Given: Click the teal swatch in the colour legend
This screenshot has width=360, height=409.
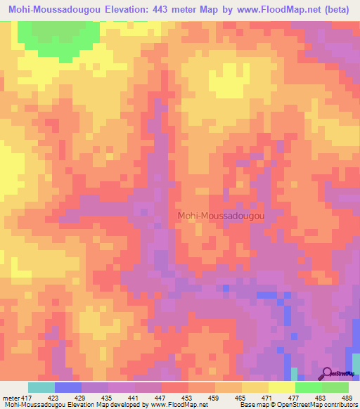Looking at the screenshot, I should coord(41,387).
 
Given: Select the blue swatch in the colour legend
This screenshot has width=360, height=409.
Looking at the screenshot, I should coord(68,387).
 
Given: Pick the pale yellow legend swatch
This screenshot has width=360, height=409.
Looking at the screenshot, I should coord(282,387).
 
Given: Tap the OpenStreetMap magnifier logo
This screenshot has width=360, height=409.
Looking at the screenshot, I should coord(328,373).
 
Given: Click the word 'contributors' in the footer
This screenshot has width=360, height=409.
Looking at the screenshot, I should coord(340,405).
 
